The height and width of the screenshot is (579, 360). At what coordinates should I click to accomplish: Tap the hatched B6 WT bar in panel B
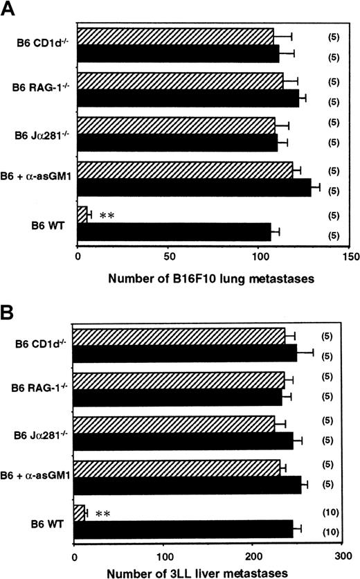[79, 513]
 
